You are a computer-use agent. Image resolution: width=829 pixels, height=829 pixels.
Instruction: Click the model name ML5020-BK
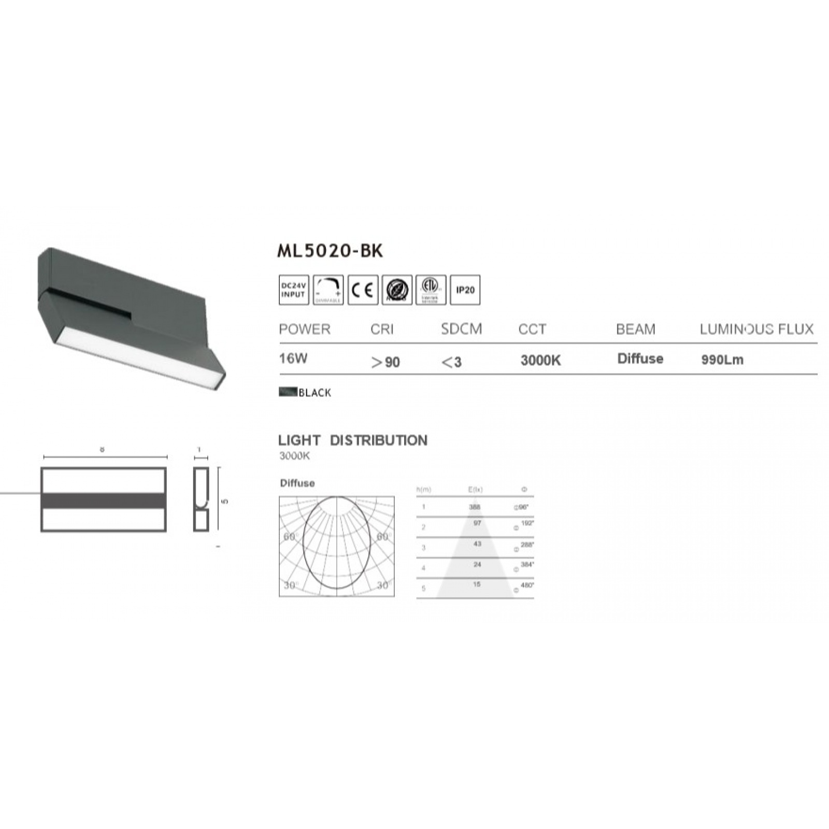[x=330, y=251]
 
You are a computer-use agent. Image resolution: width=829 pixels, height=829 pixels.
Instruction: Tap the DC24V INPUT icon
[x=294, y=290]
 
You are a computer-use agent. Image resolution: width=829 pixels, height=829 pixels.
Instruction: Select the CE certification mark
[x=363, y=290]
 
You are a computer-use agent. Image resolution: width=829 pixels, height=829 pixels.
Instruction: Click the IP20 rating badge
[x=465, y=290]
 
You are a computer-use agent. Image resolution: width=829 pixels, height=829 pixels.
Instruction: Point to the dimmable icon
[x=328, y=290]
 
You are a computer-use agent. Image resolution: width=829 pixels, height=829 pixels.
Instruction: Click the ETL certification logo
[x=431, y=290]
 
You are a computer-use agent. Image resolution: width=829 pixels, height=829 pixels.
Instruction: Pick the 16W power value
[x=293, y=359]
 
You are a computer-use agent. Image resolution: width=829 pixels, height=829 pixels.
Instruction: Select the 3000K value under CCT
[x=540, y=361]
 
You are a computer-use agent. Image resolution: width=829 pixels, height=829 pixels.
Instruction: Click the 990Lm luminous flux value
[x=722, y=360]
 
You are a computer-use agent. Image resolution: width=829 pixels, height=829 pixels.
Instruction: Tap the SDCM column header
[x=461, y=330]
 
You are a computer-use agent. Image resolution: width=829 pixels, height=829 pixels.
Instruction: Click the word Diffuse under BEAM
[x=640, y=359]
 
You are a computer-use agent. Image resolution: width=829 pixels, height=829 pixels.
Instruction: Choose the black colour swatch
[x=288, y=392]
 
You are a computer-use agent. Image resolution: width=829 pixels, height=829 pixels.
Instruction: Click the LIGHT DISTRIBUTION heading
[x=353, y=441]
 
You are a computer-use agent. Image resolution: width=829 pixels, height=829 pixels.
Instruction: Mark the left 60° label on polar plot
[x=289, y=537]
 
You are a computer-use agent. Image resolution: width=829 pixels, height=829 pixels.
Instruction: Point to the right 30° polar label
[x=383, y=585]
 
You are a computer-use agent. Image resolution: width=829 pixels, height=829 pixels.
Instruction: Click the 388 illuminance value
[x=475, y=507]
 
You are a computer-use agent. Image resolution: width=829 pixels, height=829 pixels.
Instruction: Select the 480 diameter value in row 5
[x=527, y=585]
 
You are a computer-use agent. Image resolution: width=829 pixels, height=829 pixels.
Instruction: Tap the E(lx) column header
[x=475, y=490]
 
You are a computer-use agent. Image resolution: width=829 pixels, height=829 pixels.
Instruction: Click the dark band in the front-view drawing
[x=104, y=500]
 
